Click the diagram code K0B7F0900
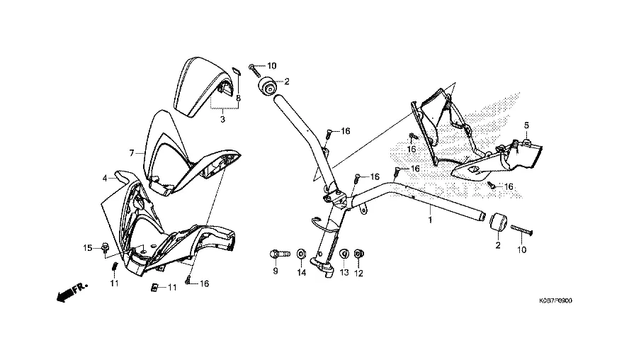pyautogui.click(x=555, y=300)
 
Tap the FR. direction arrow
pyautogui.click(x=72, y=292)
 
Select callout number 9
pyautogui.click(x=275, y=271)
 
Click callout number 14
pyautogui.click(x=301, y=273)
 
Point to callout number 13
pyautogui.click(x=344, y=273)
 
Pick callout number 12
pyautogui.click(x=358, y=274)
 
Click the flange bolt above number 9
pyautogui.click(x=280, y=254)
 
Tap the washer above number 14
pyautogui.click(x=301, y=254)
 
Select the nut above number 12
pyautogui.click(x=359, y=254)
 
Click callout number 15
pyautogui.click(x=87, y=248)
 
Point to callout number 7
pyautogui.click(x=131, y=153)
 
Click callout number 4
pyautogui.click(x=105, y=178)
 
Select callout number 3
pyautogui.click(x=222, y=119)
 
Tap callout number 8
pyautogui.click(x=238, y=98)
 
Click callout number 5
pyautogui.click(x=526, y=125)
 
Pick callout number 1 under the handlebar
pyautogui.click(x=430, y=220)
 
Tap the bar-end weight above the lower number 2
pyautogui.click(x=499, y=222)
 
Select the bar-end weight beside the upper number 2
pyautogui.click(x=267, y=86)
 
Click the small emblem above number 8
pyautogui.click(x=237, y=72)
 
